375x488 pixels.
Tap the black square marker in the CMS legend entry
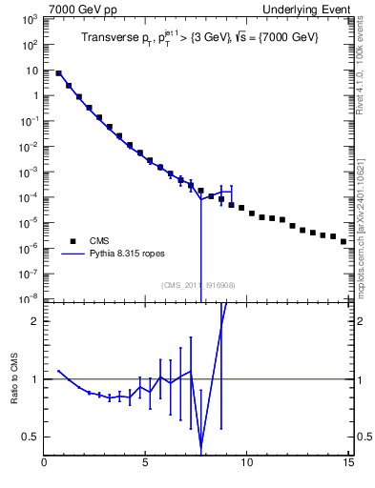[x=72, y=241]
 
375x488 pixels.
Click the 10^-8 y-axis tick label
[x=30, y=298]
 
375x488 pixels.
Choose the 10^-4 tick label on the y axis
[x=30, y=197]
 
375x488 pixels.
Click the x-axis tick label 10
[x=247, y=463]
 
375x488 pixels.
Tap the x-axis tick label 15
[x=348, y=463]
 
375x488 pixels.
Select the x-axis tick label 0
[x=45, y=463]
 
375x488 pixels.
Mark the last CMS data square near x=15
[x=344, y=242]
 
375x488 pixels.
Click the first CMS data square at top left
[x=59, y=72]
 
